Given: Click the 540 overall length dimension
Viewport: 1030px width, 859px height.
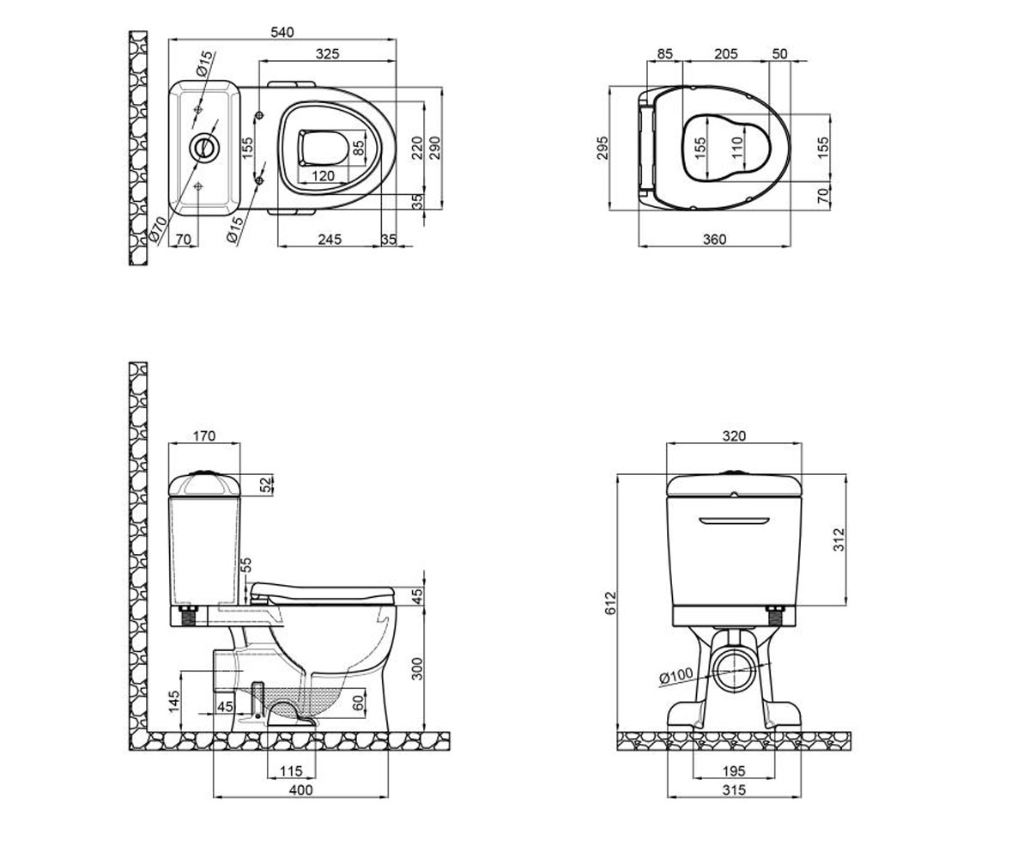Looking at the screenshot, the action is click(x=282, y=32).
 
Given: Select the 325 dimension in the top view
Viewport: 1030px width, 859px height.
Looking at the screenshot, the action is click(x=328, y=54).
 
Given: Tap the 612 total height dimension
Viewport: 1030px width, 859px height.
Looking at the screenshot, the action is click(x=610, y=602).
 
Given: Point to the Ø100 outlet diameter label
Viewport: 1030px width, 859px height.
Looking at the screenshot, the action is click(x=676, y=676).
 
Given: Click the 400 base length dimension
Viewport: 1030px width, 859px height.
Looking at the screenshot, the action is click(x=300, y=790).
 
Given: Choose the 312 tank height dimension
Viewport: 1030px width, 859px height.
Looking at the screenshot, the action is click(x=839, y=539).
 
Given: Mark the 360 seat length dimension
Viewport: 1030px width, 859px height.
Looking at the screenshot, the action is click(x=714, y=240).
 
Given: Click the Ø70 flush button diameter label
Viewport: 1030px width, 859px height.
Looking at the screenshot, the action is click(x=158, y=229).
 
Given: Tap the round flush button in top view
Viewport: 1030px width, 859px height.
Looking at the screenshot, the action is click(x=203, y=146).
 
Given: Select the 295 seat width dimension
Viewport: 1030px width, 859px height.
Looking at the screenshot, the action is click(x=603, y=148).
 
